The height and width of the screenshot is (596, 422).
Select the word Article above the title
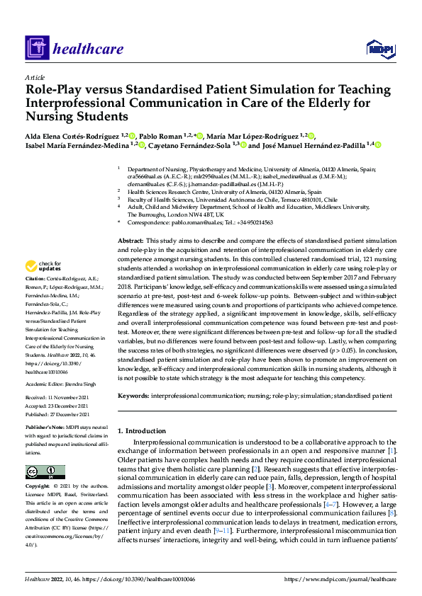click(x=34, y=77)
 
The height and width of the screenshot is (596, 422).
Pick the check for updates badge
click(x=43, y=268)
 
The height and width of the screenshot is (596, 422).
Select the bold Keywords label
click(x=135, y=396)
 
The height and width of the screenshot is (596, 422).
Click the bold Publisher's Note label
click(x=45, y=429)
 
